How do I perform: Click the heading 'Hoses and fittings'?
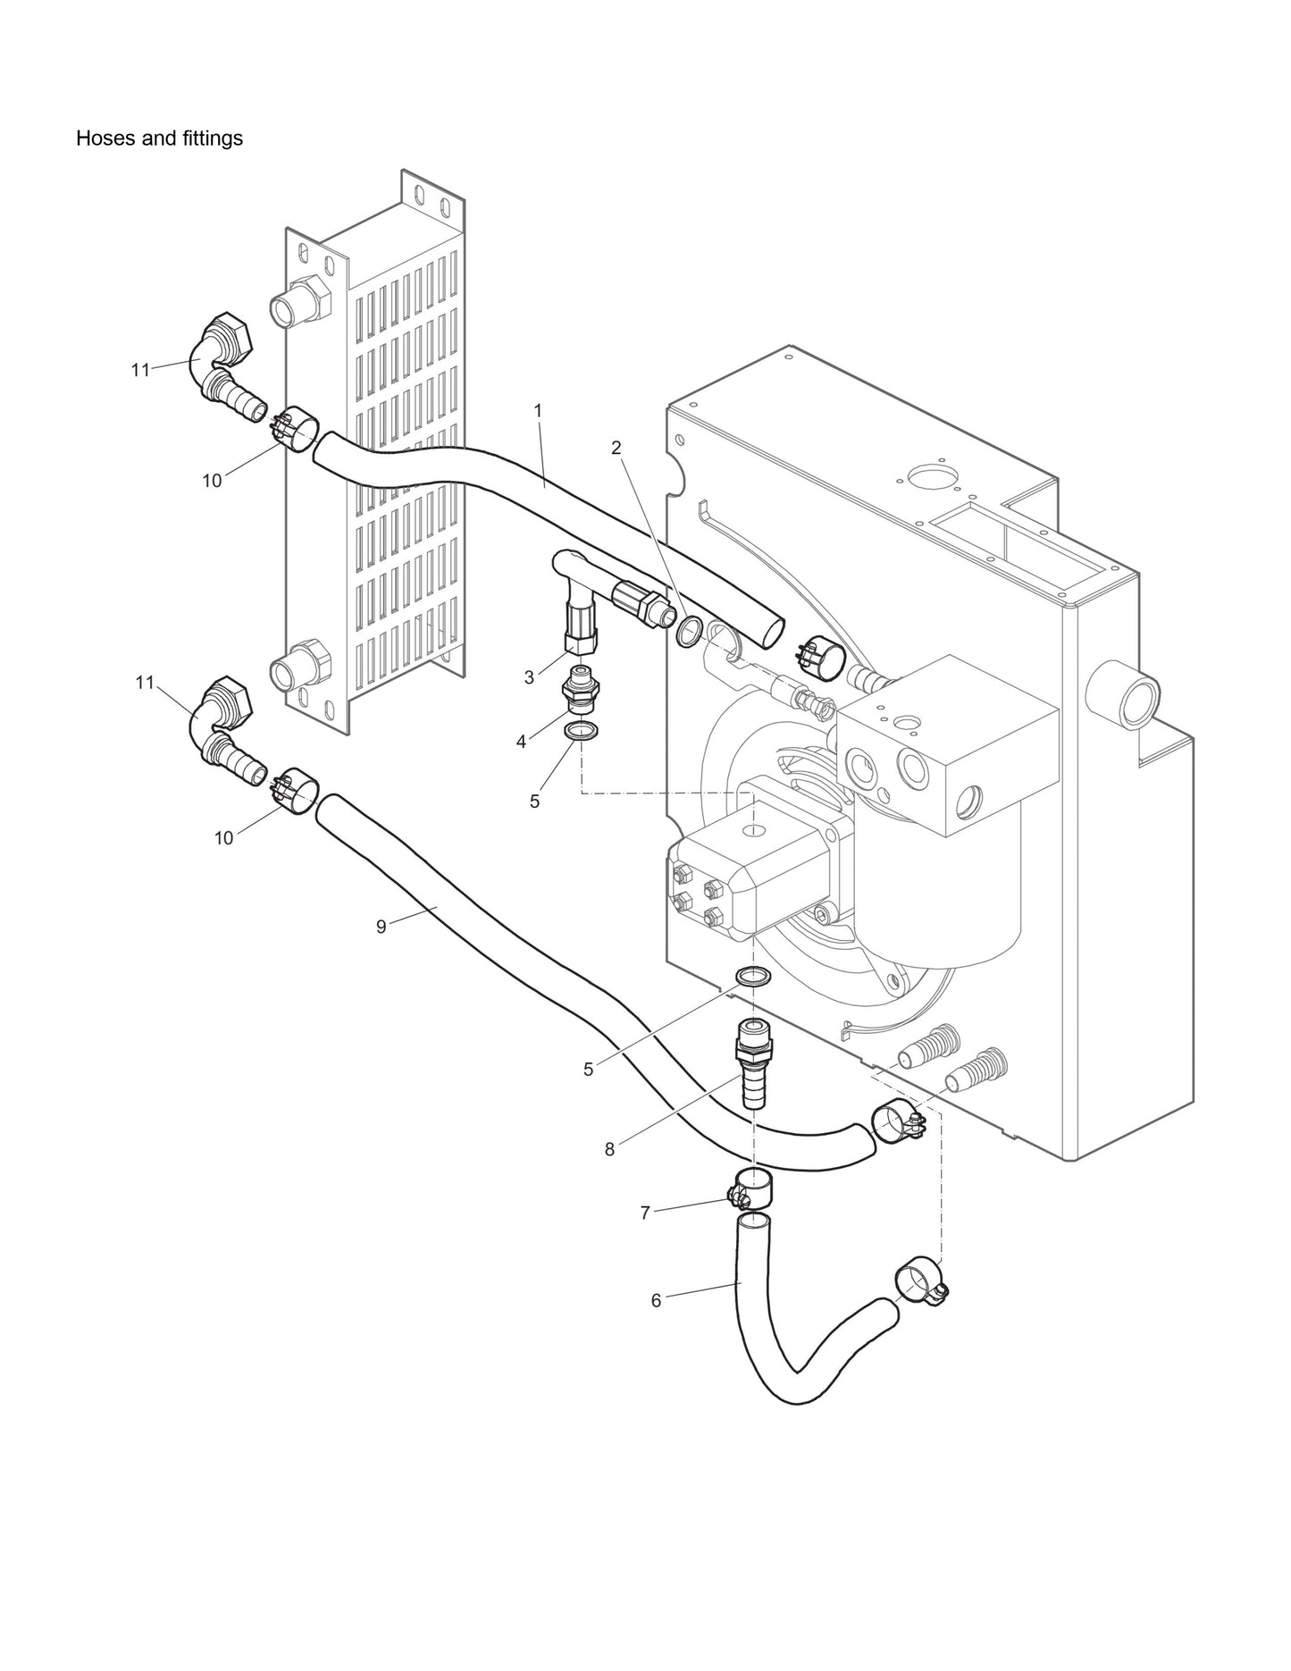click(x=159, y=139)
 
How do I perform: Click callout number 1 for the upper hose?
click(x=538, y=410)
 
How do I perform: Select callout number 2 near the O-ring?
click(x=616, y=448)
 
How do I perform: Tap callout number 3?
click(x=529, y=678)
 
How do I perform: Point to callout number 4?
click(x=521, y=741)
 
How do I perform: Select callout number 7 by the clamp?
click(x=644, y=1213)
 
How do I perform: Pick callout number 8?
click(x=609, y=1150)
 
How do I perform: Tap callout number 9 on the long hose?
click(x=381, y=927)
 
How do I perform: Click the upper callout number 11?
click(x=140, y=369)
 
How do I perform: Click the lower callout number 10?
click(x=223, y=837)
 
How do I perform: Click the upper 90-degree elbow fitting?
click(x=223, y=357)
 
